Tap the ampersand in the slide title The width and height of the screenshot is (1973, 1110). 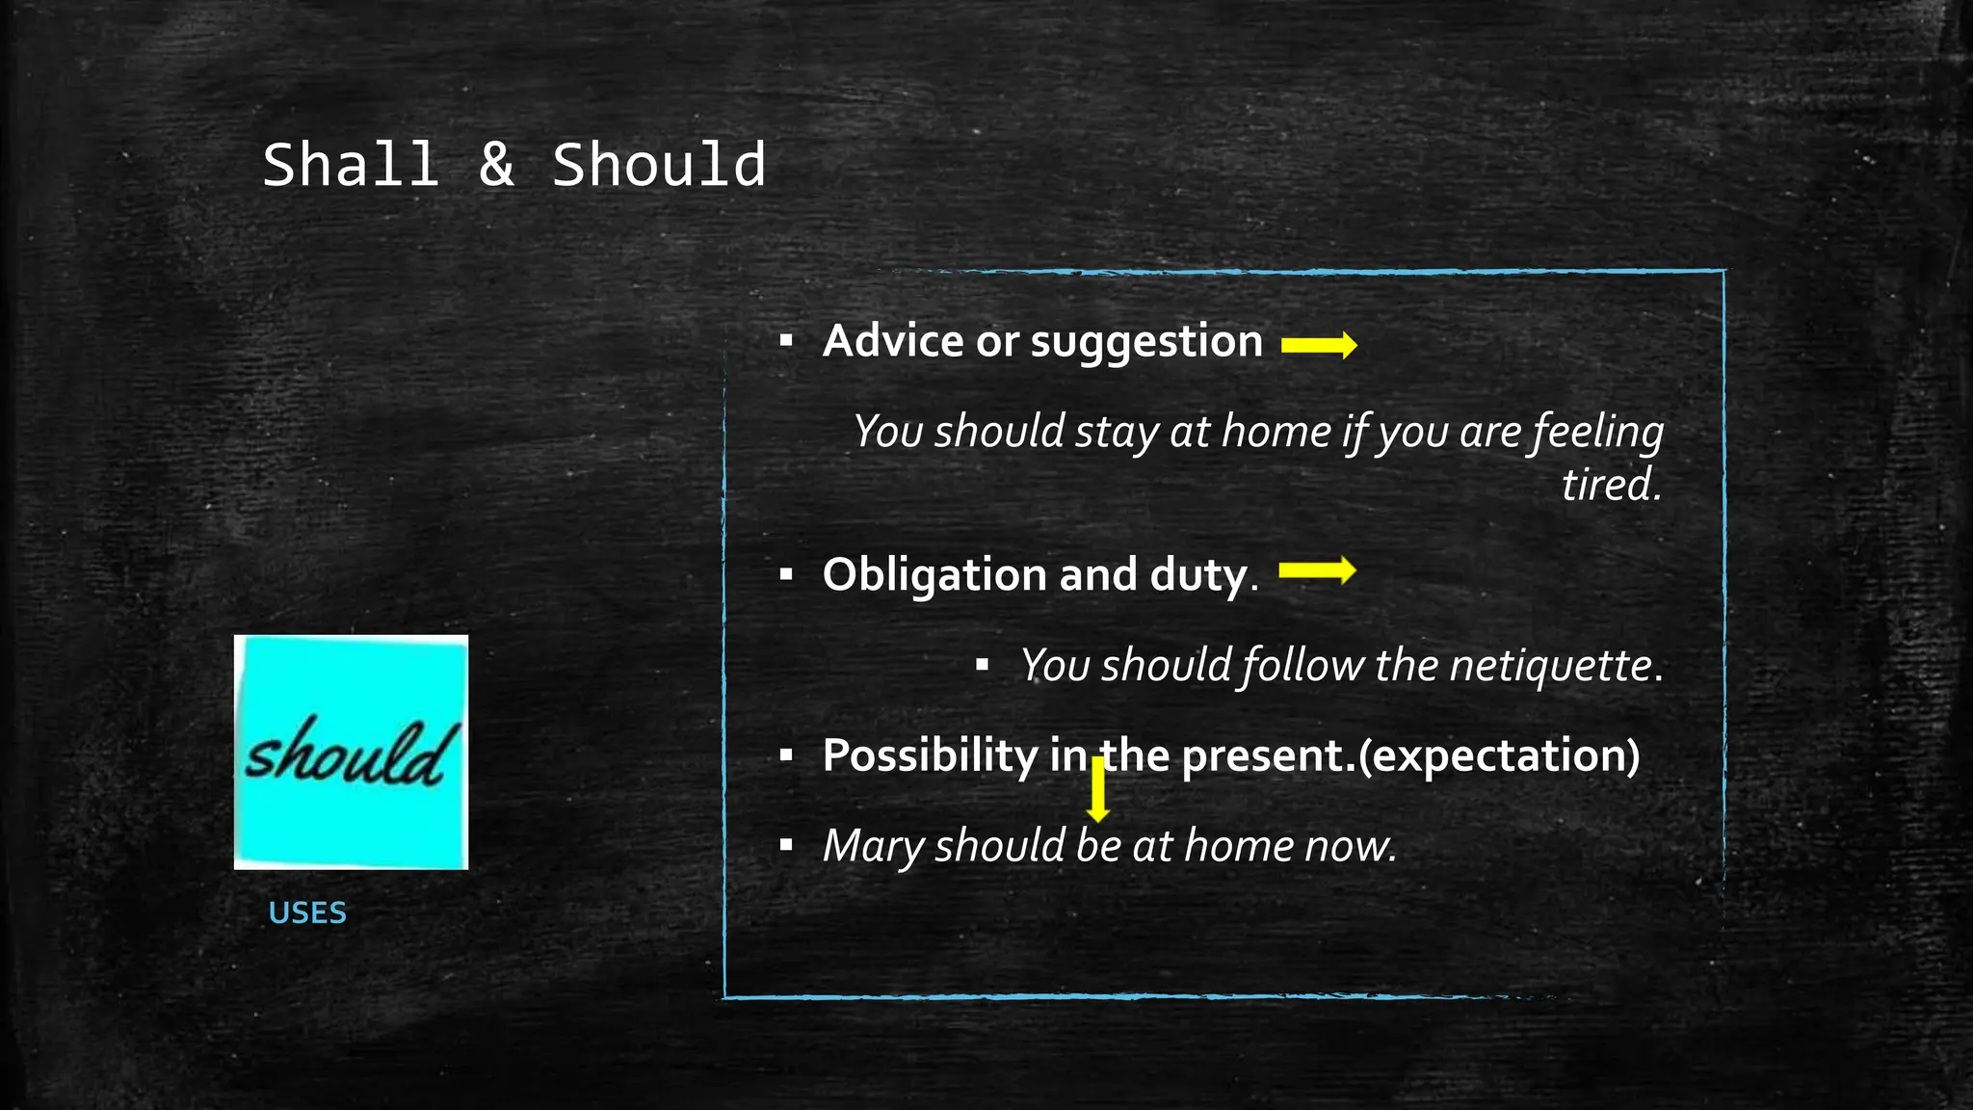tap(496, 165)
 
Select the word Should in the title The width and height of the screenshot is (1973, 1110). tap(659, 165)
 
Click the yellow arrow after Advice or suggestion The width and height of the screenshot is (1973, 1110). tap(1319, 345)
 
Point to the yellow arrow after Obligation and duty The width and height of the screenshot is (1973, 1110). tap(1317, 571)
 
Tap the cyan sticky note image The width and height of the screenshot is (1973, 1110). tap(351, 752)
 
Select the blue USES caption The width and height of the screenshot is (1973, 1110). tap(307, 912)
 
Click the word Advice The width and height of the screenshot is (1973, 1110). tap(892, 341)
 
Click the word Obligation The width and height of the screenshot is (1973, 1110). tap(934, 575)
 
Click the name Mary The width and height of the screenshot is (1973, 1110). tap(873, 846)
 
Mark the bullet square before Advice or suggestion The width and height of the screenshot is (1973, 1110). tap(786, 341)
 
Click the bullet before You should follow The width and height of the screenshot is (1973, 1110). tap(982, 665)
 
